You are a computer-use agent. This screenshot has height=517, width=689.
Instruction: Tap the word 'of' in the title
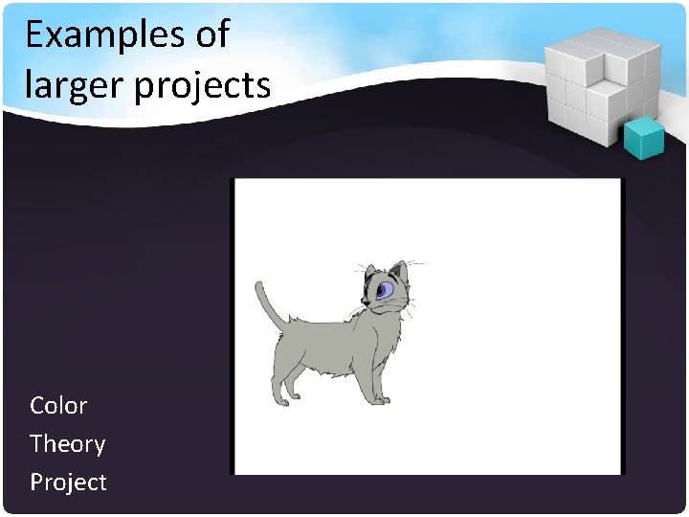(x=211, y=34)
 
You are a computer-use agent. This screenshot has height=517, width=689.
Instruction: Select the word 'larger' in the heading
(x=74, y=86)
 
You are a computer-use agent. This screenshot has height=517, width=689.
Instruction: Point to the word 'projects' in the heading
(x=203, y=86)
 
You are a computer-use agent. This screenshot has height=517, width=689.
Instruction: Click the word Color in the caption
(x=58, y=405)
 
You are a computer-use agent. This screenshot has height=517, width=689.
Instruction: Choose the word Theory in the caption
(x=67, y=443)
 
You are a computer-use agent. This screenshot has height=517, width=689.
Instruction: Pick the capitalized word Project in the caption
(x=68, y=482)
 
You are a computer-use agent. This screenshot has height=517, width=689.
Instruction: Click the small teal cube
(x=643, y=139)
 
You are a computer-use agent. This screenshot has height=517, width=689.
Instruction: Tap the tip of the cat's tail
(x=259, y=284)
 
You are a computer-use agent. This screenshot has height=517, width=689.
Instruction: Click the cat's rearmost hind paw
(x=278, y=401)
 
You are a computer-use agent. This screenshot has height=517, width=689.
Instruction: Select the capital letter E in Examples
(x=35, y=34)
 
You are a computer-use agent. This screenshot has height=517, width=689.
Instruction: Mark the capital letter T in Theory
(x=37, y=443)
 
